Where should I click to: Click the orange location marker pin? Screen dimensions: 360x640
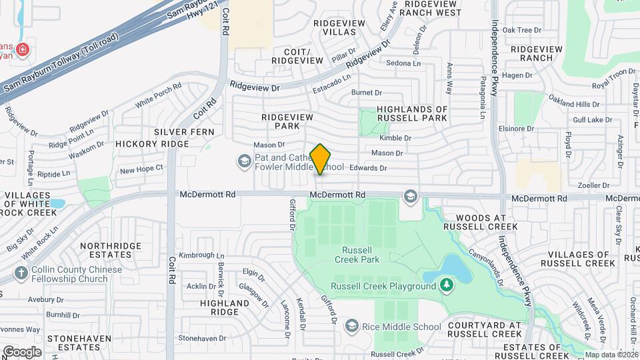point(321,159)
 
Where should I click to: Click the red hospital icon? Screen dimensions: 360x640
point(22,49)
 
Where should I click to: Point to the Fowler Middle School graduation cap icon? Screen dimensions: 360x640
point(245,160)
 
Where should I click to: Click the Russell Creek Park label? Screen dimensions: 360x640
point(353,255)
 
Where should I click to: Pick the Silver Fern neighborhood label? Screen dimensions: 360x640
point(183,132)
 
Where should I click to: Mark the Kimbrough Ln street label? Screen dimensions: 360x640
point(202,255)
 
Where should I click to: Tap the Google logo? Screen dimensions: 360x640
point(21,351)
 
